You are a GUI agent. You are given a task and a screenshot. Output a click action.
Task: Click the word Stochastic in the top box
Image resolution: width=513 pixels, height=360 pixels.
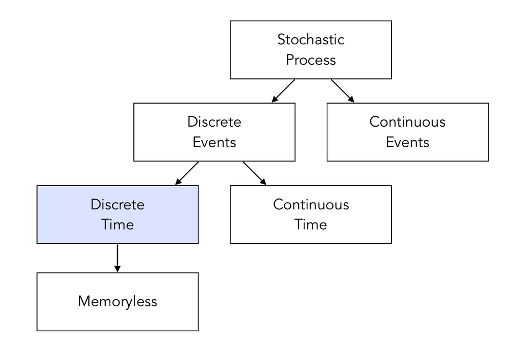[x=311, y=39]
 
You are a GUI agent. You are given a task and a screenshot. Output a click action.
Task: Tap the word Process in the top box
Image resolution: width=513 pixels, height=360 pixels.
[x=311, y=60]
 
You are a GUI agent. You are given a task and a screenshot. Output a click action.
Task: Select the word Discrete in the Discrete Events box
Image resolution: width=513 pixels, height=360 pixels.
[x=214, y=122]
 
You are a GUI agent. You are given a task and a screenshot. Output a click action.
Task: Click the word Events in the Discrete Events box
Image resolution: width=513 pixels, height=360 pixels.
[x=214, y=143]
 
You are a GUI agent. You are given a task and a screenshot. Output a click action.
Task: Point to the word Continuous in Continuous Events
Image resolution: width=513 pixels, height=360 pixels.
[x=407, y=122]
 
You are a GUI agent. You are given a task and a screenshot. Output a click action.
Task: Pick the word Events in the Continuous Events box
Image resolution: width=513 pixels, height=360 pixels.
[x=407, y=143]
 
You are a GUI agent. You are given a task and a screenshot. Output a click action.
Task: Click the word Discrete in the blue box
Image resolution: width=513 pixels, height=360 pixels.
[x=117, y=205]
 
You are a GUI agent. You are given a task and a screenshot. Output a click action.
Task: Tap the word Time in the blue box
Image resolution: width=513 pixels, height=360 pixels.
[x=117, y=225]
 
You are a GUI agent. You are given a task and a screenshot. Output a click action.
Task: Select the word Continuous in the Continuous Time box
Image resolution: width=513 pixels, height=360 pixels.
[x=311, y=205]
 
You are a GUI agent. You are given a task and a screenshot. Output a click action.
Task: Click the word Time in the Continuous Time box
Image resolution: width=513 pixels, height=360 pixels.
[x=311, y=225]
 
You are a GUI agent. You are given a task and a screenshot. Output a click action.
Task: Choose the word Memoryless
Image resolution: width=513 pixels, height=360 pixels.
[x=117, y=302]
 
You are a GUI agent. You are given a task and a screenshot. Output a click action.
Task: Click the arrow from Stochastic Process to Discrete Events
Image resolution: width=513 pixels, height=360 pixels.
[x=283, y=91]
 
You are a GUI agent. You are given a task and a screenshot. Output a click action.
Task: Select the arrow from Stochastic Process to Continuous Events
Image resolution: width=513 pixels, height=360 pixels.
[x=343, y=91]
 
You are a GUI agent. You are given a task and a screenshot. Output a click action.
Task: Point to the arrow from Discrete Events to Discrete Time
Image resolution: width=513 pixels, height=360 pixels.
[x=187, y=173]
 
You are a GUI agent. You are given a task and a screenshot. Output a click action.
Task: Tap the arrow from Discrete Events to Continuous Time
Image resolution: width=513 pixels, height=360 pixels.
[x=254, y=173]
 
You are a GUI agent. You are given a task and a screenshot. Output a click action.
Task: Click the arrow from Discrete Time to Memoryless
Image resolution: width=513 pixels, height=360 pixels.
[x=117, y=258]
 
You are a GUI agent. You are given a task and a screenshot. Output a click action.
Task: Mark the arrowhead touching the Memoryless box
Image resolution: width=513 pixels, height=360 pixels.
[x=117, y=269]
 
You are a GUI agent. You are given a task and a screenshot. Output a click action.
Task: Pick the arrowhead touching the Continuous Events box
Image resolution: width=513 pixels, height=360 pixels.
[x=351, y=99]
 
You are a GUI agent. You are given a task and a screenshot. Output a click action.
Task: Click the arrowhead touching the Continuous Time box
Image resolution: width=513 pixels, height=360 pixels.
[x=263, y=182]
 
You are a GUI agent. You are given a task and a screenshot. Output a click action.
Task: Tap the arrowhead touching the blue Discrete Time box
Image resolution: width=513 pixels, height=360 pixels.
[x=179, y=182]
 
